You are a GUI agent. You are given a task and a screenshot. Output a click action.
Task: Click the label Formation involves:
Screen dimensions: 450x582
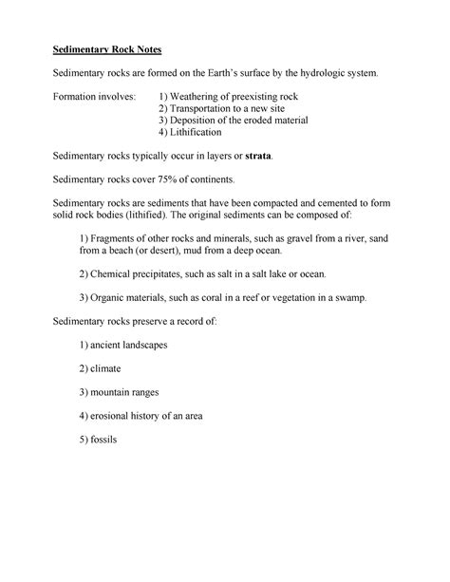coord(94,96)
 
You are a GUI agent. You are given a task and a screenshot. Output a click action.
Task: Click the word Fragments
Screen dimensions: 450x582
coord(118,238)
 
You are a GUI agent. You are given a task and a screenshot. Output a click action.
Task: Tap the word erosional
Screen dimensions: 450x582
coord(114,415)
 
